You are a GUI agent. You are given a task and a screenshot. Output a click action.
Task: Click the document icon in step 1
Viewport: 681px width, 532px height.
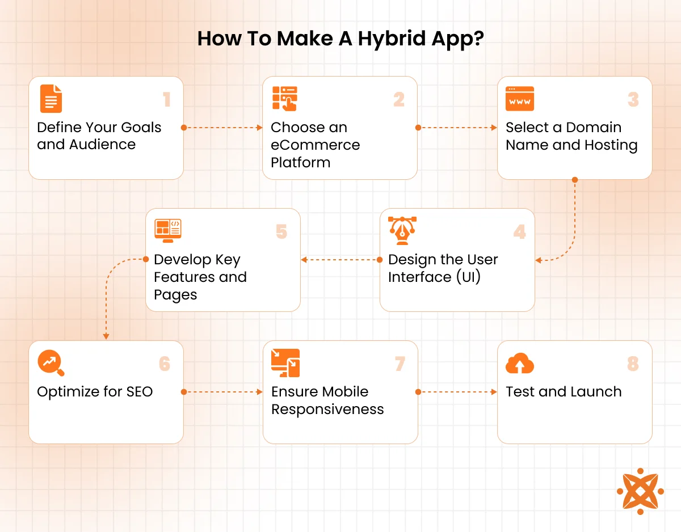(x=51, y=99)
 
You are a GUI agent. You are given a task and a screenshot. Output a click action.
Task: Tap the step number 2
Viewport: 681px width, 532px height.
(x=399, y=100)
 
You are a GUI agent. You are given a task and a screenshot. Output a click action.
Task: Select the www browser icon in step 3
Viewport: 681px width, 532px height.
(x=520, y=99)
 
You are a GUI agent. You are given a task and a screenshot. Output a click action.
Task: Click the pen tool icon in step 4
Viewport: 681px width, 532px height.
(x=402, y=231)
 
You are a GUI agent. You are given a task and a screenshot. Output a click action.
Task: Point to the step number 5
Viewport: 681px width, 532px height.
(x=281, y=232)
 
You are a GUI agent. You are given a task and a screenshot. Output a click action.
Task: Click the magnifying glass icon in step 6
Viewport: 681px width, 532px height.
(x=51, y=363)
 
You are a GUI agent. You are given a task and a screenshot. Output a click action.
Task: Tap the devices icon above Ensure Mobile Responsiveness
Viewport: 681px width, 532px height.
(x=285, y=363)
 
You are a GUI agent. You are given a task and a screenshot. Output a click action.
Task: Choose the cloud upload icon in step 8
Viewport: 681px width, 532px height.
(x=520, y=364)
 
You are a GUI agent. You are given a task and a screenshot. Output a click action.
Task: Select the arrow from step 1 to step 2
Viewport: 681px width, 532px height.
(x=222, y=128)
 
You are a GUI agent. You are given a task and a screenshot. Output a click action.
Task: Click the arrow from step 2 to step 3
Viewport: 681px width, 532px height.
(x=457, y=128)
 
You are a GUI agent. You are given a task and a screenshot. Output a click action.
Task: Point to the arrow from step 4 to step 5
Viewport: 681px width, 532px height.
(x=340, y=260)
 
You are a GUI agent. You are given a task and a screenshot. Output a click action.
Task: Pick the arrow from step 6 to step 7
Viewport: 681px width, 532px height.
(x=222, y=392)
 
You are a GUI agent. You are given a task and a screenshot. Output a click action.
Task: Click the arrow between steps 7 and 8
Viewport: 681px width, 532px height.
(x=457, y=392)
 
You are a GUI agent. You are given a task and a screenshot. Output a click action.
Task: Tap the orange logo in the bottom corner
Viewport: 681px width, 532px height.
(x=640, y=491)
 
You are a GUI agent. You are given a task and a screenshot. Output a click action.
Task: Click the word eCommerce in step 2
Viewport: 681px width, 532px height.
(x=315, y=145)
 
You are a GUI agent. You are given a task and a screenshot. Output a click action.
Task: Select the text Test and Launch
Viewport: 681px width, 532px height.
(x=564, y=392)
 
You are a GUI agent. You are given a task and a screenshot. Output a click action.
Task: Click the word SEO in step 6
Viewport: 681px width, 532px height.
(x=140, y=392)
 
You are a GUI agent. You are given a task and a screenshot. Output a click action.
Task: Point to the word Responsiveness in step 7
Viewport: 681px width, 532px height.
(x=327, y=409)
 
